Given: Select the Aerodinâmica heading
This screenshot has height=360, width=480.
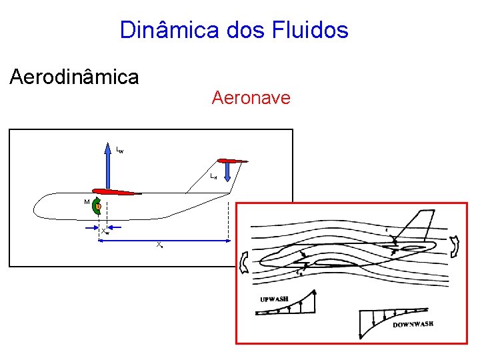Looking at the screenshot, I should [x=74, y=77].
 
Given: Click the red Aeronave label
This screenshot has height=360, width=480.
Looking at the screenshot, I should [x=251, y=98].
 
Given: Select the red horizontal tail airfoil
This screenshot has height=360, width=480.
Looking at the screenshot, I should [x=232, y=161].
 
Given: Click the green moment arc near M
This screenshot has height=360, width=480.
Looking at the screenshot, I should [x=95, y=207].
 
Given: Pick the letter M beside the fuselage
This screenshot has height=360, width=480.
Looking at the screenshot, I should [x=87, y=201].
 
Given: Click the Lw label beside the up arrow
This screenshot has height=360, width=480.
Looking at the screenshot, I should [x=119, y=151].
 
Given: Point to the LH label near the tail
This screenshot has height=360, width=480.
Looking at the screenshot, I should [x=213, y=177].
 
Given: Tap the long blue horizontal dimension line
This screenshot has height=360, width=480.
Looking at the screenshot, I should [x=167, y=241].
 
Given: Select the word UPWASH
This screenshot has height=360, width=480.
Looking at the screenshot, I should [x=274, y=299].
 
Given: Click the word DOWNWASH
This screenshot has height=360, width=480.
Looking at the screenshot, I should [x=413, y=324].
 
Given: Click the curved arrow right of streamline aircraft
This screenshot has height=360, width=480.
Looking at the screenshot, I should [x=455, y=246].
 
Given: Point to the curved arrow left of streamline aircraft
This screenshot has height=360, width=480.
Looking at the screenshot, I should [x=244, y=263].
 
